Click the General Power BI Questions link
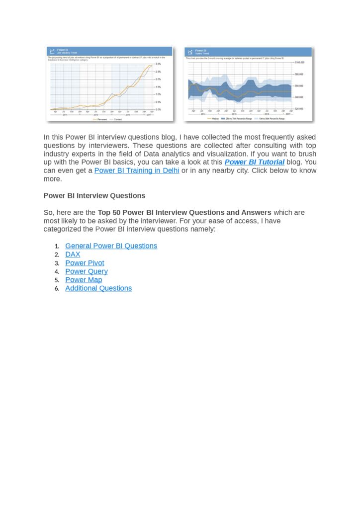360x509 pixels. click(111, 246)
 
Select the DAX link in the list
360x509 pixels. click(73, 254)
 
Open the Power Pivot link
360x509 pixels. click(85, 263)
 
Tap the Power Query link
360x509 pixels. click(86, 271)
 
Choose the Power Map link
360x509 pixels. click(84, 280)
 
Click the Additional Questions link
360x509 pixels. click(98, 288)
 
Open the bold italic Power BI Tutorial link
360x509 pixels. click(255, 162)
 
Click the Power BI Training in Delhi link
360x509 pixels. click(137, 170)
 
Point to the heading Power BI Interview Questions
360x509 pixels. click(94, 196)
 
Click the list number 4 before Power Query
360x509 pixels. click(57, 271)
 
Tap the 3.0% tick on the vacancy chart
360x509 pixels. click(158, 64)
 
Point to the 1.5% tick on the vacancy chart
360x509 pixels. click(158, 87)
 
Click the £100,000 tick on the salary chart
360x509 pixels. click(299, 63)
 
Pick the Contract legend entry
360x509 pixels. click(117, 119)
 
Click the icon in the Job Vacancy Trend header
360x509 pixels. click(52, 51)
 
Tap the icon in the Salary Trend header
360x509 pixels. click(189, 51)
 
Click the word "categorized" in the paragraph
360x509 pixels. click(65, 230)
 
